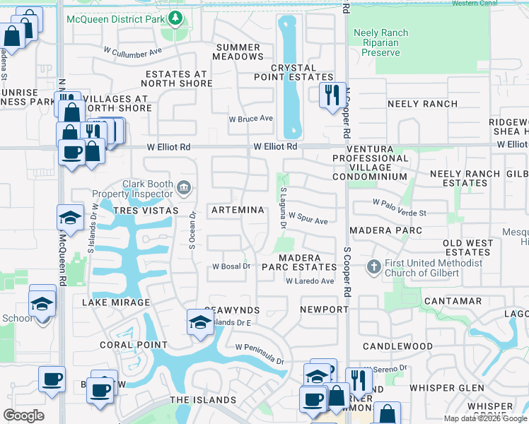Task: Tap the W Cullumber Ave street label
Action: pyautogui.click(x=133, y=52)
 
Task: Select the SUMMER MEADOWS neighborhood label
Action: pyautogui.click(x=237, y=52)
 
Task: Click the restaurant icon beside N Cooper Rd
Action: pyautogui.click(x=331, y=95)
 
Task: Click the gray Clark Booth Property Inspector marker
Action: pyautogui.click(x=184, y=187)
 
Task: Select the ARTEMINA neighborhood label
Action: pyautogui.click(x=238, y=210)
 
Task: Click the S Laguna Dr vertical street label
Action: pyautogui.click(x=283, y=208)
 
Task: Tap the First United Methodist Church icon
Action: pyautogui.click(x=374, y=267)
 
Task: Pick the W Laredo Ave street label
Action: pyautogui.click(x=309, y=281)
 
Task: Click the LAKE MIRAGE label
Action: pyautogui.click(x=116, y=302)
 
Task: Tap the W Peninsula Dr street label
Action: pyautogui.click(x=260, y=351)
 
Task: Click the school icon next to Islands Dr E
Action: pyautogui.click(x=199, y=322)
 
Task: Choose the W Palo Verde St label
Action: pyautogui.click(x=400, y=212)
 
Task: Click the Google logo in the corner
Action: pyautogui.click(x=24, y=415)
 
